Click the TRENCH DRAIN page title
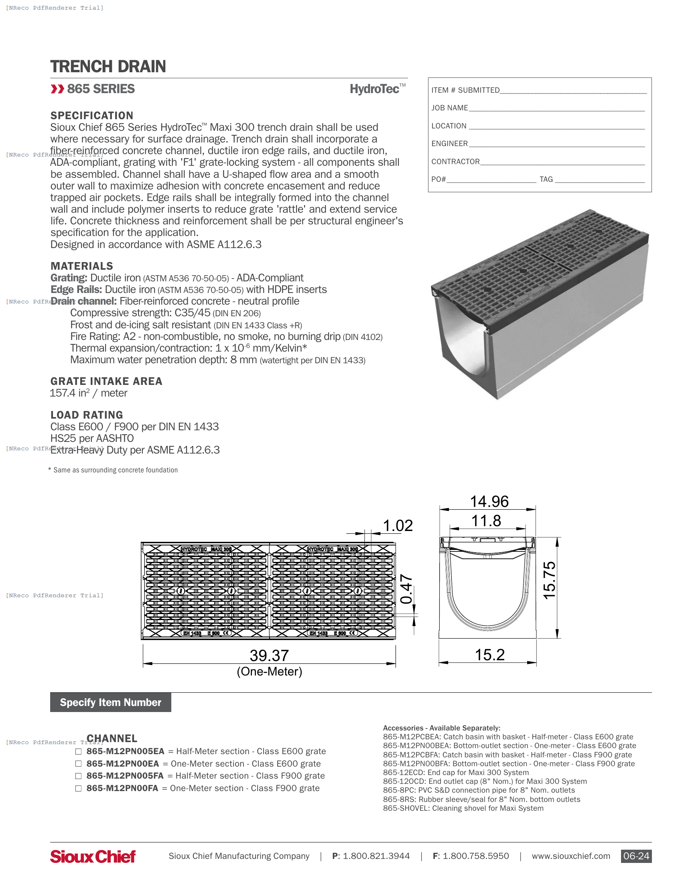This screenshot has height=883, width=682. tap(108, 66)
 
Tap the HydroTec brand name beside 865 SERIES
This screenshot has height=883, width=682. tap(375, 89)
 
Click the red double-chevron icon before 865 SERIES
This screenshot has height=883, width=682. tap(57, 89)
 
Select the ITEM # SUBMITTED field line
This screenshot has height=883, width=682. tap(572, 91)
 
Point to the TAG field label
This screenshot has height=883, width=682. tap(546, 179)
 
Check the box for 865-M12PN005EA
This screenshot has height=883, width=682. tap(78, 752)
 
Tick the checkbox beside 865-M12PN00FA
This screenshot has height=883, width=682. tap(78, 788)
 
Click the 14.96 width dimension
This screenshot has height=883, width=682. tap(489, 502)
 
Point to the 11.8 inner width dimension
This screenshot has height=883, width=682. tap(486, 521)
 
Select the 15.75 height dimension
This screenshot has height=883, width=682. tap(550, 581)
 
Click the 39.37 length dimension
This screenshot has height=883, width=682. tap(269, 655)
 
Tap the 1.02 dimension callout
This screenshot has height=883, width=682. tap(398, 526)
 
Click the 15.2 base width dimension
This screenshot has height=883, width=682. tap(489, 655)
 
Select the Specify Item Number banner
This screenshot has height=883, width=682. tap(110, 702)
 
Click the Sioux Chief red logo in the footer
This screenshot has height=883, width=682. tap(93, 857)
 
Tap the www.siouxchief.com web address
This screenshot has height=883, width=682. tap(570, 857)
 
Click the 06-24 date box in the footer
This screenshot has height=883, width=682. tap(636, 857)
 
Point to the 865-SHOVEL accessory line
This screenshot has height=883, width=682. tap(463, 808)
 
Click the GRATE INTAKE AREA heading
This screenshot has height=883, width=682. tap(106, 381)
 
